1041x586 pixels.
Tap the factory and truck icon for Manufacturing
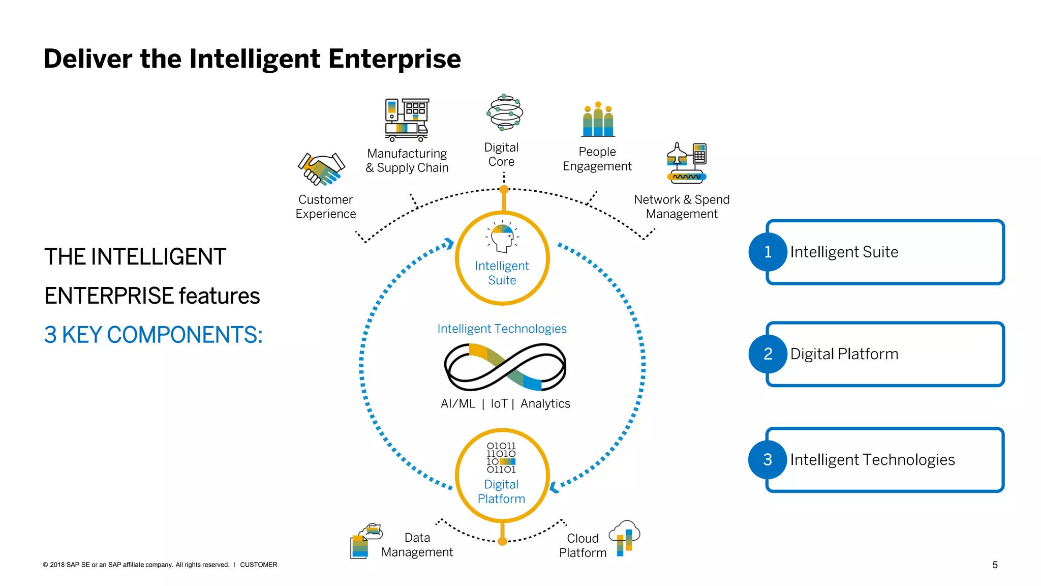407,120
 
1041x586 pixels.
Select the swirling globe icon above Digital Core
504,112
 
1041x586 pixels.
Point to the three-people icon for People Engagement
598,120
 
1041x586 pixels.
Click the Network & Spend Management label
681,207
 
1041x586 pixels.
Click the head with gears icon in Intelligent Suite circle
502,237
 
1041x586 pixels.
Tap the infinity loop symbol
505,367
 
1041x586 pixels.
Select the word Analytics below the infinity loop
545,403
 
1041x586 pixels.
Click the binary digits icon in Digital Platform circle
501,458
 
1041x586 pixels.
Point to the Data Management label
417,545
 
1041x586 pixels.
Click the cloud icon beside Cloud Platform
625,538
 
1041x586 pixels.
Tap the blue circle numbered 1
768,252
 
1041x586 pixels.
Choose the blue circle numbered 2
768,354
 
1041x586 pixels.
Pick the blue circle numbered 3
768,459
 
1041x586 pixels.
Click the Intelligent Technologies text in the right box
872,459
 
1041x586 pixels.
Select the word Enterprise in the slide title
394,59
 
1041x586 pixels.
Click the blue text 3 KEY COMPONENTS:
153,335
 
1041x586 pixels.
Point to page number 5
995,565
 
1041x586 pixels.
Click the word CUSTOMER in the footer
258,565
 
